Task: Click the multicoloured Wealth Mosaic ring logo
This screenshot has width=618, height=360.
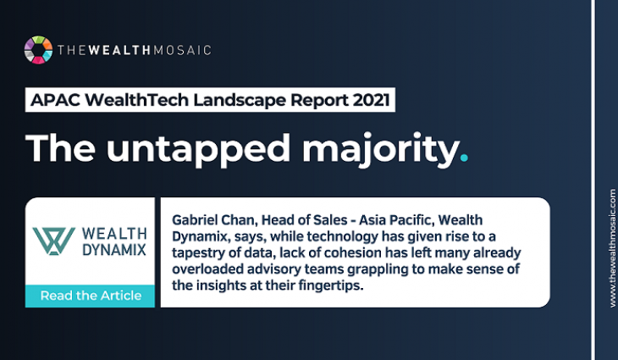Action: point(38,50)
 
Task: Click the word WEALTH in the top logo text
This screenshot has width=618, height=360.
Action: point(119,50)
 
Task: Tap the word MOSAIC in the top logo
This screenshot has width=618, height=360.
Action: point(182,50)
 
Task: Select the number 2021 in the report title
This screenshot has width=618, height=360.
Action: point(372,100)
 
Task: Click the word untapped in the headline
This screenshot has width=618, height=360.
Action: point(198,149)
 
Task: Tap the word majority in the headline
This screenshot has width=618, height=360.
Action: point(381,149)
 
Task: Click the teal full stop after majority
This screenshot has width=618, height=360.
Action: point(464,158)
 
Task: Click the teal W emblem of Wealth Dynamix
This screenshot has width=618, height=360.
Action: point(53,241)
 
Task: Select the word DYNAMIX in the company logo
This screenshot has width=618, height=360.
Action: point(114,250)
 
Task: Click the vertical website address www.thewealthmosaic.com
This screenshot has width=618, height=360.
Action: point(612,248)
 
